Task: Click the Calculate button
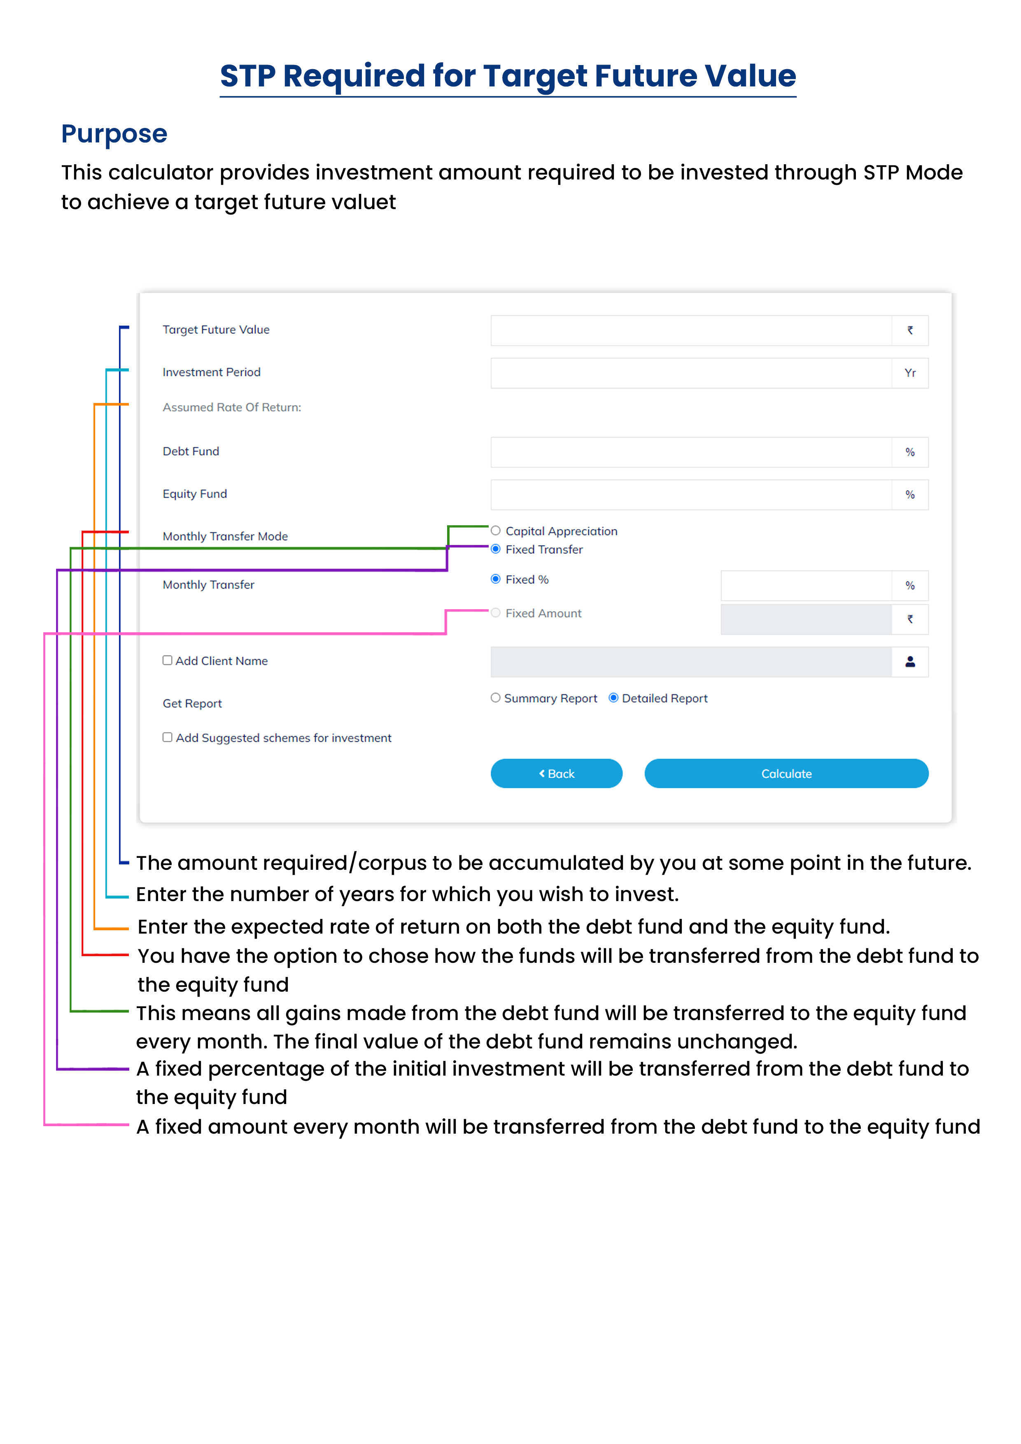(786, 773)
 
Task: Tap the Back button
(556, 773)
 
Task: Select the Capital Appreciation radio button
(496, 531)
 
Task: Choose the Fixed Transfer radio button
(496, 549)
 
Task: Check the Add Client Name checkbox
(167, 660)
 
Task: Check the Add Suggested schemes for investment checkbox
(167, 737)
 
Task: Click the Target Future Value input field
(691, 330)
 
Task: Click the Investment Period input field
(691, 373)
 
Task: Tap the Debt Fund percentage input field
(691, 452)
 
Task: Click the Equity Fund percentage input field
(691, 495)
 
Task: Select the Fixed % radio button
(496, 579)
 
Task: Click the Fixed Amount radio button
(496, 613)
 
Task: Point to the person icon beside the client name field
(910, 661)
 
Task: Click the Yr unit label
(910, 373)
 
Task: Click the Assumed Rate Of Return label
(231, 408)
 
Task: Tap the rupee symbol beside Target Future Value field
(910, 330)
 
